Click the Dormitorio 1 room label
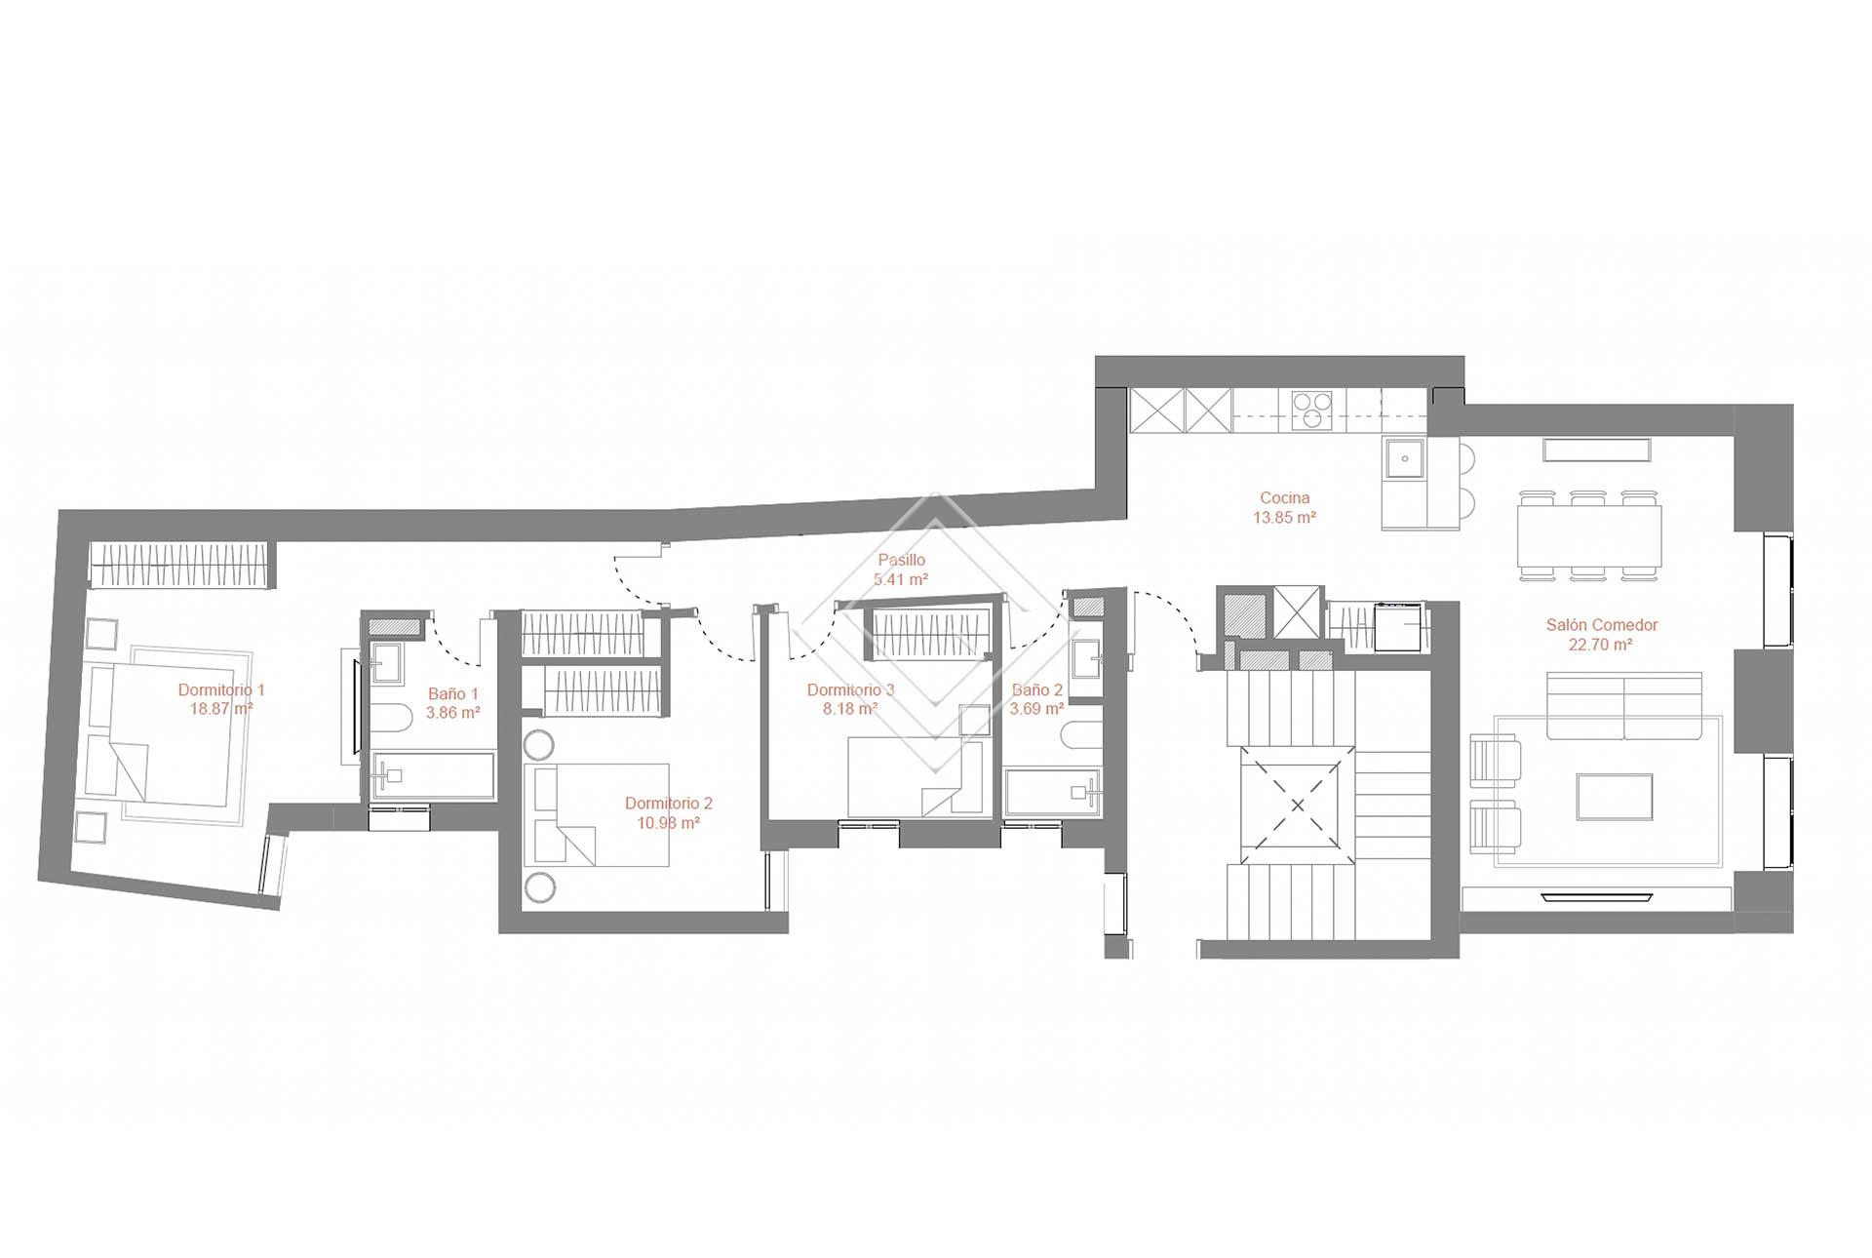click(221, 689)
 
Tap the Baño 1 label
click(453, 693)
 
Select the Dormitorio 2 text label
click(669, 804)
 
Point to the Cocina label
click(1285, 498)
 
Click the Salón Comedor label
click(1602, 625)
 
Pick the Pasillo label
click(901, 560)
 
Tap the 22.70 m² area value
click(1602, 645)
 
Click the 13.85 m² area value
click(1285, 518)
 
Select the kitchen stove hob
click(1312, 410)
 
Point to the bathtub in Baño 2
click(1054, 792)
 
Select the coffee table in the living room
click(1615, 797)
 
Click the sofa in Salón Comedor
click(1624, 706)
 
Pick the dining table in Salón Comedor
click(1589, 535)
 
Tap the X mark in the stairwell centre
click(1298, 806)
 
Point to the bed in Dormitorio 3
click(916, 776)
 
